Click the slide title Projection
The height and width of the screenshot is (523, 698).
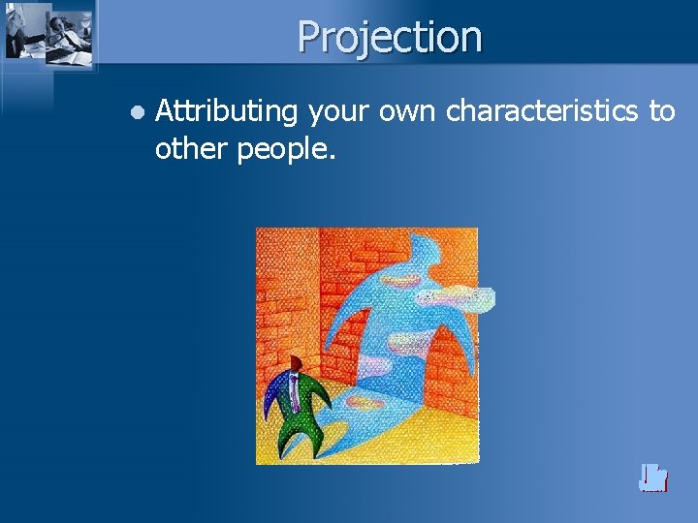click(389, 37)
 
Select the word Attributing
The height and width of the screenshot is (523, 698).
click(226, 113)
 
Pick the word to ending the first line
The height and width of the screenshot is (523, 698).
click(662, 112)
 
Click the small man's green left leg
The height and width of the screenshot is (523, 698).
click(288, 436)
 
